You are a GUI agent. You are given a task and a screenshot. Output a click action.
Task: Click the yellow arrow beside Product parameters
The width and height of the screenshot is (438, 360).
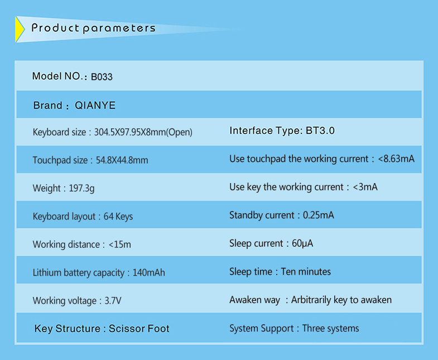point(19,29)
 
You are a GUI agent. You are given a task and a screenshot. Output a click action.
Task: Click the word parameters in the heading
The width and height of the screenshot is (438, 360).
point(119,29)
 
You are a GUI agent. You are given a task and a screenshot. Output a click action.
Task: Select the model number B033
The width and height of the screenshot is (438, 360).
point(102,76)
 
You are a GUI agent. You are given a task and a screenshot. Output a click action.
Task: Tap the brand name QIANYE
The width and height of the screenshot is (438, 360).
point(95,105)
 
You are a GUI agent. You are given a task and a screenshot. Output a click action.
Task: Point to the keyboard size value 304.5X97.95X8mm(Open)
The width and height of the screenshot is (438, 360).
point(143,132)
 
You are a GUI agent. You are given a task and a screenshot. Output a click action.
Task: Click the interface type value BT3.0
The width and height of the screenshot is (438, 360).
point(320,131)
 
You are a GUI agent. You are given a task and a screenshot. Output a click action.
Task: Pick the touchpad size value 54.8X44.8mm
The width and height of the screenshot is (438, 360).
point(122,160)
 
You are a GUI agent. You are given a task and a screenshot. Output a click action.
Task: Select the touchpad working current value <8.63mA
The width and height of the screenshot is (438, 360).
point(396,159)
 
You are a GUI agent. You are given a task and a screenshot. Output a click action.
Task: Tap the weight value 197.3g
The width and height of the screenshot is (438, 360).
point(81,189)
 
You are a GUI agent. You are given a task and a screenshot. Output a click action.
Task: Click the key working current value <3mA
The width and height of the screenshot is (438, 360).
point(365,187)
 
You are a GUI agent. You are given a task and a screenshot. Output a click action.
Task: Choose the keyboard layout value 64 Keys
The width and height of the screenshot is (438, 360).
point(118,217)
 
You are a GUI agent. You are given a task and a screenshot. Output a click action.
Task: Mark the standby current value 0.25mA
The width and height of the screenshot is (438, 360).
point(319,215)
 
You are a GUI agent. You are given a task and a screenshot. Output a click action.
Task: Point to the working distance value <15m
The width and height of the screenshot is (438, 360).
point(120,244)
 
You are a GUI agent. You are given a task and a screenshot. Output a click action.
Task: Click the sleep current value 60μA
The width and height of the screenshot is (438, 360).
point(302,244)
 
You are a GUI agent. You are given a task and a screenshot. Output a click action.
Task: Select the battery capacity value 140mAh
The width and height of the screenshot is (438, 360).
point(148,272)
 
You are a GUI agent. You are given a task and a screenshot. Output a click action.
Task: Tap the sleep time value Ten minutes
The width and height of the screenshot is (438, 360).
point(306,272)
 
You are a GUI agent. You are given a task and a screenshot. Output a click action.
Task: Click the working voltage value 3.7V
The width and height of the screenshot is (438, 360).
point(113,301)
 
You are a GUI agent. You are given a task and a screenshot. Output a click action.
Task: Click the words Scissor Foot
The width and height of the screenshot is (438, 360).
point(139,329)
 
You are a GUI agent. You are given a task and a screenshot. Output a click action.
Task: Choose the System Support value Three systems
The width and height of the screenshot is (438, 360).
point(331,328)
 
